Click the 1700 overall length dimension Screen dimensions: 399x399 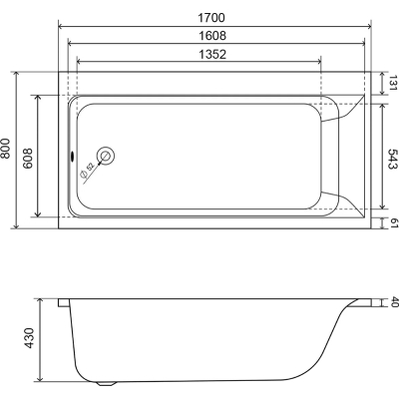pos(211,17)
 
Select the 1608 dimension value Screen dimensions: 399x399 pos(212,36)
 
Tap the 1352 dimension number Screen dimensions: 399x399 pos(212,54)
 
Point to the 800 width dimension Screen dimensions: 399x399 pos(6,148)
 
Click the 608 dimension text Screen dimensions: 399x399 pos(28,159)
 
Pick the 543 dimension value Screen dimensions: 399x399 pos(393,159)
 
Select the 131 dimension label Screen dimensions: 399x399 pos(393,83)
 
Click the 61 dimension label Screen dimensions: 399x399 pos(394,223)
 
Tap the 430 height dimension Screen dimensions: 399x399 pos(30,338)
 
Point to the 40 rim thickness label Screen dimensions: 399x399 pos(394,302)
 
